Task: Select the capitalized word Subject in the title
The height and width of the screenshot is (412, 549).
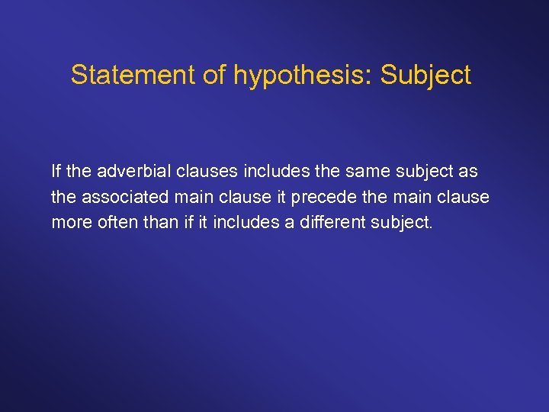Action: click(x=425, y=75)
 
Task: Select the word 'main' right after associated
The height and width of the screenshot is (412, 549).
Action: click(x=192, y=197)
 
